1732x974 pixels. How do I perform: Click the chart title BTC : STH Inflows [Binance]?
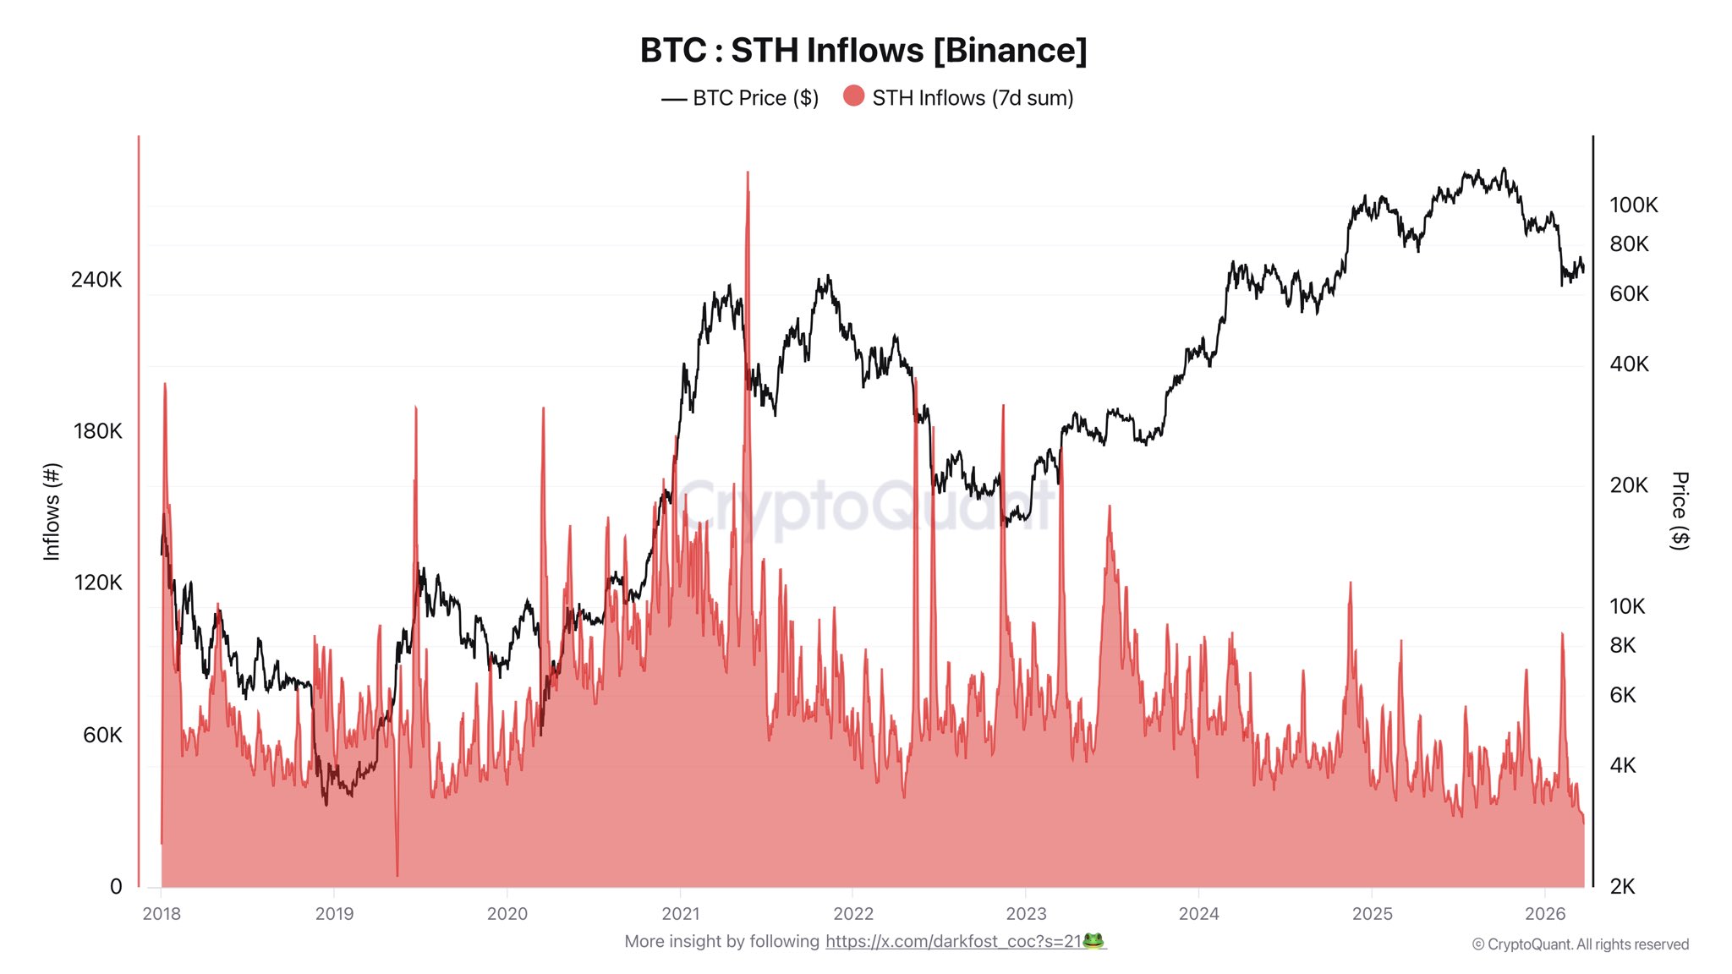(x=863, y=51)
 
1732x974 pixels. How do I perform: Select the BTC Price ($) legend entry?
(x=740, y=98)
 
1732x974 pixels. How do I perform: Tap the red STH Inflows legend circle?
(x=854, y=96)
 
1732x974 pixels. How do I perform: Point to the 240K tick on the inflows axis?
(x=96, y=280)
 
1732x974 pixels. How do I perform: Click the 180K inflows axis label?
(x=97, y=431)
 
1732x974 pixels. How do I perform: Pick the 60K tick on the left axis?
(x=102, y=735)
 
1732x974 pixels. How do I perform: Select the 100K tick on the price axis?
(x=1633, y=205)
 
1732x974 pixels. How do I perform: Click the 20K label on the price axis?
(x=1629, y=485)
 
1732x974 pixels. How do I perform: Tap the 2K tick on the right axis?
(x=1623, y=887)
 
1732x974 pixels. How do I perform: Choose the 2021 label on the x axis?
(x=681, y=914)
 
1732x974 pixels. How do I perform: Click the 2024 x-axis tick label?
(x=1198, y=914)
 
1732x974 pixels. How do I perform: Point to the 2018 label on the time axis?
(x=162, y=914)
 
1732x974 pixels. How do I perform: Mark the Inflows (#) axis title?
(x=52, y=512)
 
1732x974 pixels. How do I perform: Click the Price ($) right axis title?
(x=1680, y=511)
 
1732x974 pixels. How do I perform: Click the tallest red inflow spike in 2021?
(x=748, y=174)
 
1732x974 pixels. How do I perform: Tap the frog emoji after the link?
(x=1093, y=941)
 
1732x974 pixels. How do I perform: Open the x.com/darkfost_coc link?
(x=953, y=942)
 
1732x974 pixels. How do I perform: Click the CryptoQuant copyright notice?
(x=1580, y=944)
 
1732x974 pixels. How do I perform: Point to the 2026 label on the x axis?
(x=1545, y=914)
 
